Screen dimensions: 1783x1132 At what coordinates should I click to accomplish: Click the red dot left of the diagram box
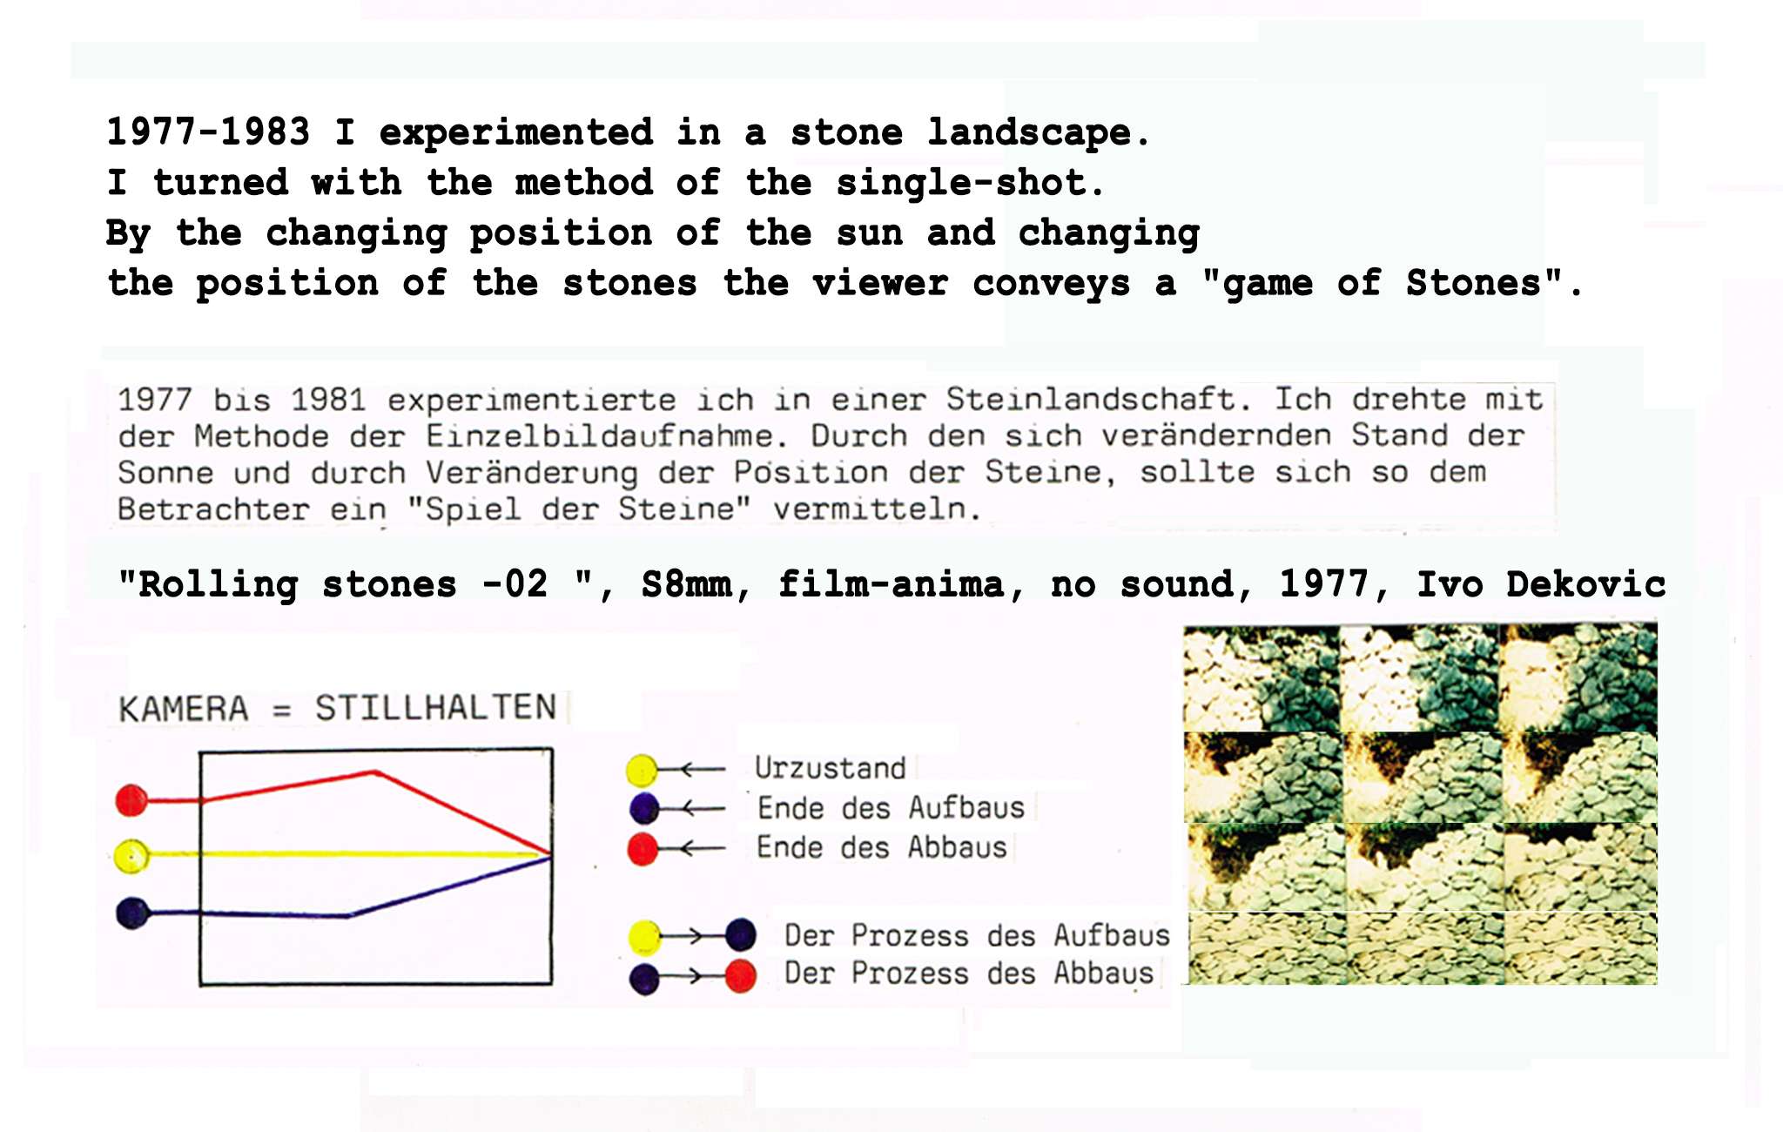(131, 800)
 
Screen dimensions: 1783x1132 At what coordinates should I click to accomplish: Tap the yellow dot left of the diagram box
(131, 856)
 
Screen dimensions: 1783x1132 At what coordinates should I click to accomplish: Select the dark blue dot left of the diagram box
(133, 913)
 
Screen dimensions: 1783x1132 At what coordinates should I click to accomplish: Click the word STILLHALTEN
(435, 708)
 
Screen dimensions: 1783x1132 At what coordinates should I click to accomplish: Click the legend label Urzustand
(831, 768)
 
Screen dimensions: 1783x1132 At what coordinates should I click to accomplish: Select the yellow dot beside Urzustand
(642, 771)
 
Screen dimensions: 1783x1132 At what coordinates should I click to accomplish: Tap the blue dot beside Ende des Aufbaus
(644, 809)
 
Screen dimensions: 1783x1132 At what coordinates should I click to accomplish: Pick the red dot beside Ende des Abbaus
(643, 849)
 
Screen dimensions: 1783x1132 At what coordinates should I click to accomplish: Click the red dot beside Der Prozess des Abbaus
(740, 976)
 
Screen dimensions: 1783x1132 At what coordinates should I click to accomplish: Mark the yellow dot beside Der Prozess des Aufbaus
(645, 937)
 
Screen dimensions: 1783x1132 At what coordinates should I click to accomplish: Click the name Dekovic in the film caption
(1586, 583)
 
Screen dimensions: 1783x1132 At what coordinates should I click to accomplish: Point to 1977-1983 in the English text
(208, 131)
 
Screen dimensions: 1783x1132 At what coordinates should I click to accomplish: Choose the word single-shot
(970, 183)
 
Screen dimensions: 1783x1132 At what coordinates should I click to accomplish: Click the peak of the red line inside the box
(375, 772)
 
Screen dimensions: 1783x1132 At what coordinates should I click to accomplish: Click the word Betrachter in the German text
(213, 509)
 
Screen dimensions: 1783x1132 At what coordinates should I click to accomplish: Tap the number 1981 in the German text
(328, 400)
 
